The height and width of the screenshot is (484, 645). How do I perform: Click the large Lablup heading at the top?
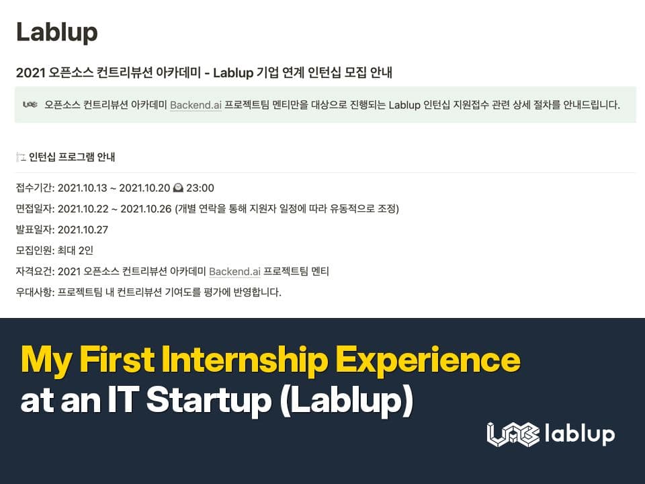pyautogui.click(x=56, y=32)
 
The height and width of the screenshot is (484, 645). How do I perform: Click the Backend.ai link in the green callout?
pyautogui.click(x=196, y=105)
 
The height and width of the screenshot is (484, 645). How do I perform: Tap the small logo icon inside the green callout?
pyautogui.click(x=30, y=104)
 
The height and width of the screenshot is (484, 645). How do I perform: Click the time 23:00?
pyautogui.click(x=201, y=188)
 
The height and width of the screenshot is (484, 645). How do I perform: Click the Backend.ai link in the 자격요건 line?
pyautogui.click(x=234, y=272)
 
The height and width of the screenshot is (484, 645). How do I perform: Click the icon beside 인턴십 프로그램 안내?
pyautogui.click(x=20, y=157)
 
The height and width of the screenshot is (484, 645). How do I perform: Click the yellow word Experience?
pyautogui.click(x=428, y=361)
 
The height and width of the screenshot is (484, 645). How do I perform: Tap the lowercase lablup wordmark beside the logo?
pyautogui.click(x=580, y=434)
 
